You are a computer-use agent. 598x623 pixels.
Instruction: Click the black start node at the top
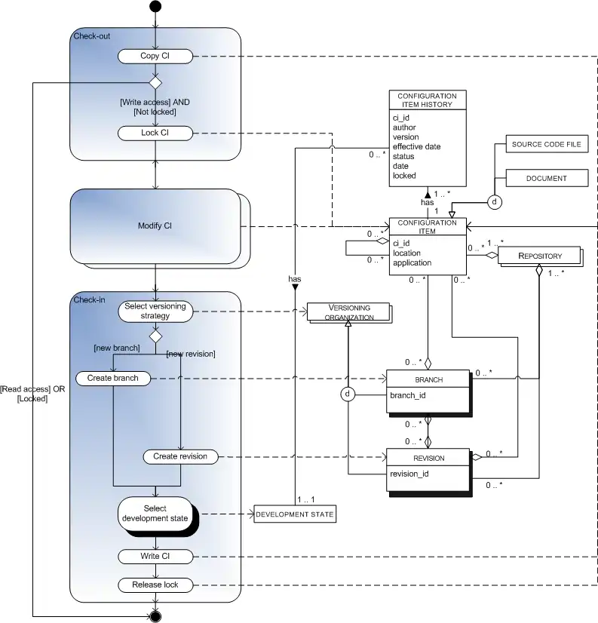coord(155,7)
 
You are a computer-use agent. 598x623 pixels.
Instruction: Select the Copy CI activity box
coord(155,57)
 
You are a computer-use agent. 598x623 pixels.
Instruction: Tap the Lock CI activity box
coord(155,133)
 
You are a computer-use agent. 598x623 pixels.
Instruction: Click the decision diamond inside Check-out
coord(155,81)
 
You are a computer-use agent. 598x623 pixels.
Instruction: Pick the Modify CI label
coord(155,226)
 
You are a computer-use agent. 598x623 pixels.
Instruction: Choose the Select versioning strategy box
coord(155,310)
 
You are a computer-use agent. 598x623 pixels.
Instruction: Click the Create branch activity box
coord(112,377)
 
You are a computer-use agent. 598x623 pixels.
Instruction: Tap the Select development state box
coord(155,513)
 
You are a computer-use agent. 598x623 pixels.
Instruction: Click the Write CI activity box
coord(155,557)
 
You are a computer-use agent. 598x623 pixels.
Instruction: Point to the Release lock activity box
coord(155,585)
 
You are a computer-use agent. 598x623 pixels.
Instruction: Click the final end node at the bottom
coord(155,615)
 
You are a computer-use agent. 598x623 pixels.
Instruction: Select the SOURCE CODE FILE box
coord(547,144)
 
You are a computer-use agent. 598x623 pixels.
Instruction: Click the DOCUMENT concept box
coord(547,179)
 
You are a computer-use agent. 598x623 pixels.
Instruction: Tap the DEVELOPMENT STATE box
coord(294,514)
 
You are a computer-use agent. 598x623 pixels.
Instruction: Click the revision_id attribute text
coord(409,474)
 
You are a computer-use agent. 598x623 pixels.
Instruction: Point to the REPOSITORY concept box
coord(540,256)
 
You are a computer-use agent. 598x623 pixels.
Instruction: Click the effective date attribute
coord(416,147)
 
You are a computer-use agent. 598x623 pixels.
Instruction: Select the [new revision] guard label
coord(191,354)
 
